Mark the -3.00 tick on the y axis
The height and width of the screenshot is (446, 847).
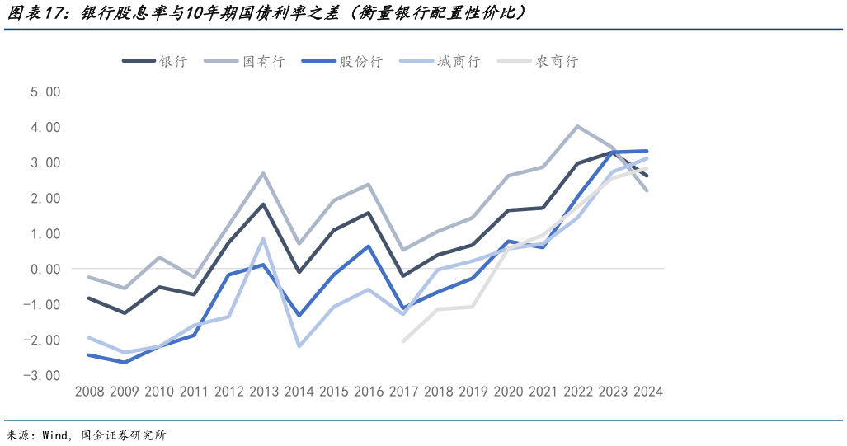43,375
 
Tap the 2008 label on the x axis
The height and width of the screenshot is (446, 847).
89,392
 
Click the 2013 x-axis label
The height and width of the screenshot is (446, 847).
263,392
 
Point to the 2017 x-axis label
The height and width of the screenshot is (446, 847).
403,392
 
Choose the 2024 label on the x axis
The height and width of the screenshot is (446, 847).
647,392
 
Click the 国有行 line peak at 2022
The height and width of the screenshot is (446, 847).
577,126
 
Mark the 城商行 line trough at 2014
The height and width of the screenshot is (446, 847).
298,346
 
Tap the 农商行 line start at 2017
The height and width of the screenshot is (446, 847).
403,340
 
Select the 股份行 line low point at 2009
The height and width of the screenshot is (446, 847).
124,362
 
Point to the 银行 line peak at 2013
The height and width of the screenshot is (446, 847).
263,204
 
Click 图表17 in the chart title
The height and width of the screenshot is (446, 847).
40,14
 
